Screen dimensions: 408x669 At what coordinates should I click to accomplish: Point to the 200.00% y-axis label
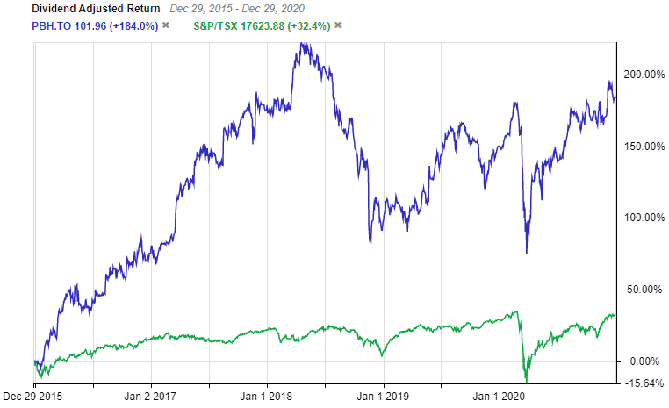644,75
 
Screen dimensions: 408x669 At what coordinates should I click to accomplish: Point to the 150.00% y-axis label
644,147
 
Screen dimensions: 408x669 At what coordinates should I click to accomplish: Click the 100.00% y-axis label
644,218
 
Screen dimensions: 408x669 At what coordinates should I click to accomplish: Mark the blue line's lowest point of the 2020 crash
527,254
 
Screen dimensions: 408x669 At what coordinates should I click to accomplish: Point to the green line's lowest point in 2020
527,382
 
